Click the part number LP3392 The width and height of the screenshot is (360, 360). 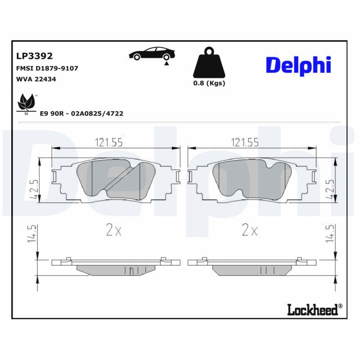point(34,56)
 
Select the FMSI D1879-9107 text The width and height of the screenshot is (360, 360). point(47,68)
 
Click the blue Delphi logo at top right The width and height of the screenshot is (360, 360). point(298,65)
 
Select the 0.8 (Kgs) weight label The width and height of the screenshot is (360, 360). point(209,83)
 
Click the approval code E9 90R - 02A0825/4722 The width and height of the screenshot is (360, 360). point(81,114)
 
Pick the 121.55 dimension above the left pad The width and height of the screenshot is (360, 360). point(108,143)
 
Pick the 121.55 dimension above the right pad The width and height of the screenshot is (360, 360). point(244,143)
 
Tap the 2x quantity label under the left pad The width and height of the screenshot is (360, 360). point(114,231)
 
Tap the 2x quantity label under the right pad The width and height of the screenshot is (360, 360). point(249,231)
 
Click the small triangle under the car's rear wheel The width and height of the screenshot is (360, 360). point(166,64)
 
